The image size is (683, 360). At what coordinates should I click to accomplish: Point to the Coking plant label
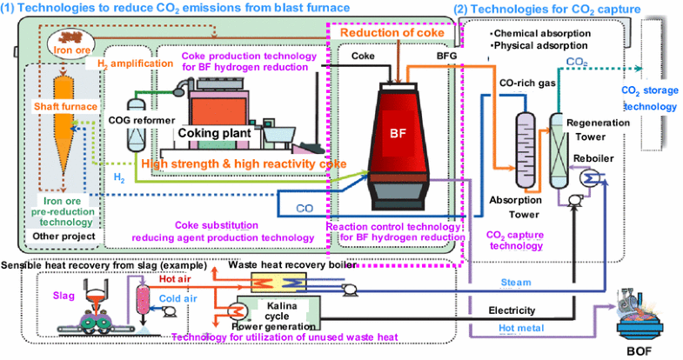coord(215,133)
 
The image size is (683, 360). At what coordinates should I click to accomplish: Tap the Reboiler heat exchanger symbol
coord(594,177)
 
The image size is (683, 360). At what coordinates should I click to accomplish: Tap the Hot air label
coord(173,280)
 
